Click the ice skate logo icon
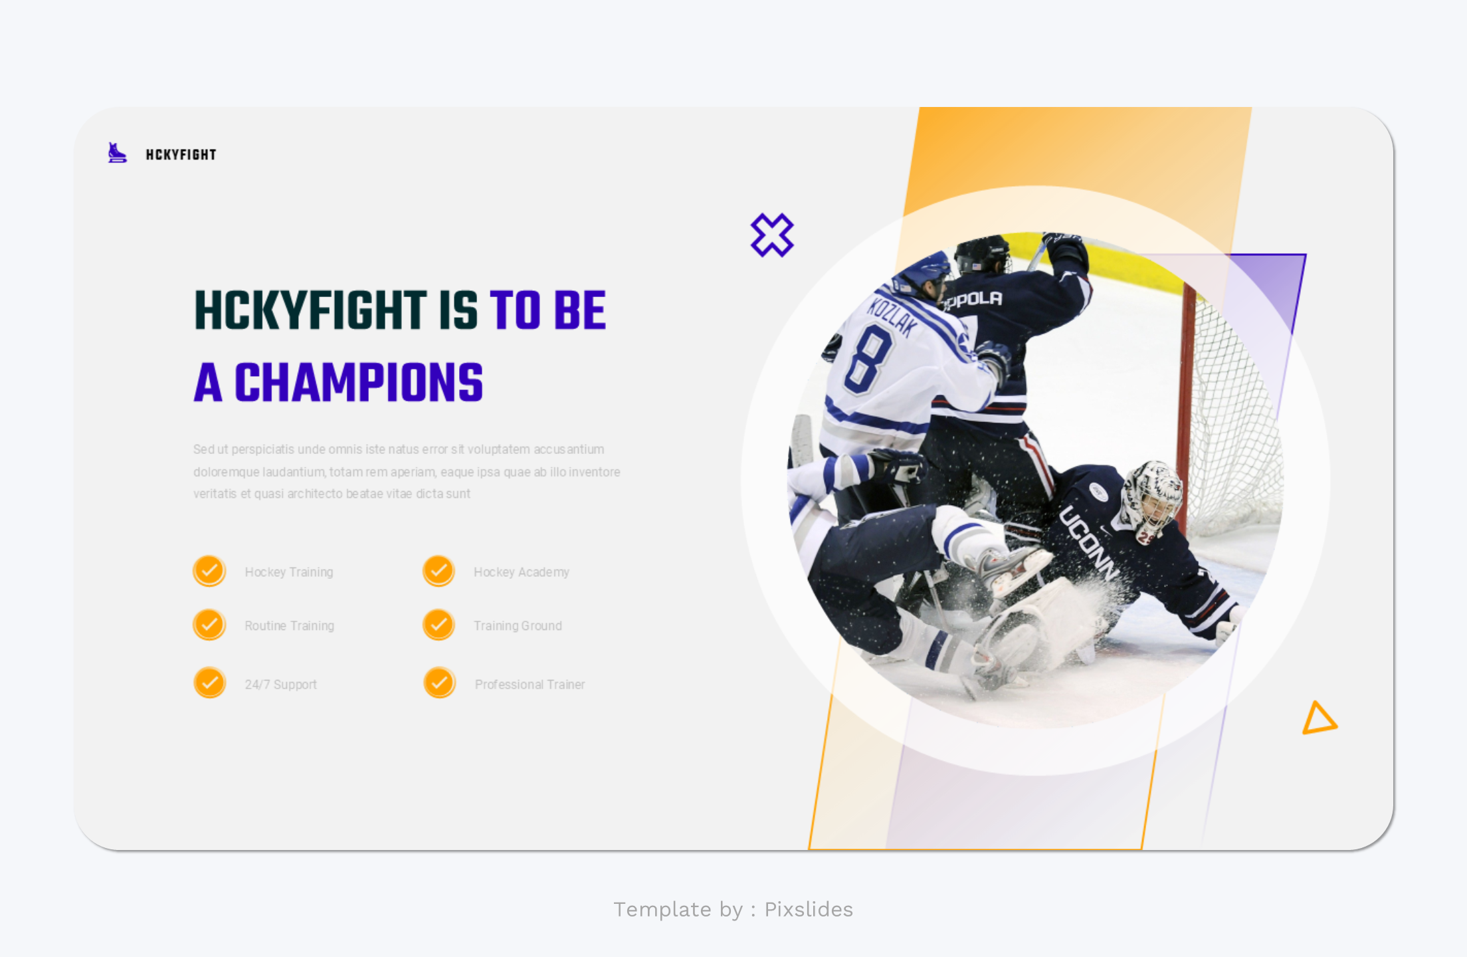117,154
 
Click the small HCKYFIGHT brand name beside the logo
181,155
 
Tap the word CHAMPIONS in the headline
359,383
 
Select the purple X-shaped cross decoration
771,235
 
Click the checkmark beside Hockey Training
209,571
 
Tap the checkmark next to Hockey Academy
439,571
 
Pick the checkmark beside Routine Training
209,625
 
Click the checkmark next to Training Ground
439,625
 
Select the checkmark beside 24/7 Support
209,683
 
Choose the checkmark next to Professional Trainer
439,683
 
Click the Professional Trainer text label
530,685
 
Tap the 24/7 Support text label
280,685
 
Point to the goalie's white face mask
1152,495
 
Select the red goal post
1185,399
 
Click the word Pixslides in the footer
808,909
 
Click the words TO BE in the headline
547,310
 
